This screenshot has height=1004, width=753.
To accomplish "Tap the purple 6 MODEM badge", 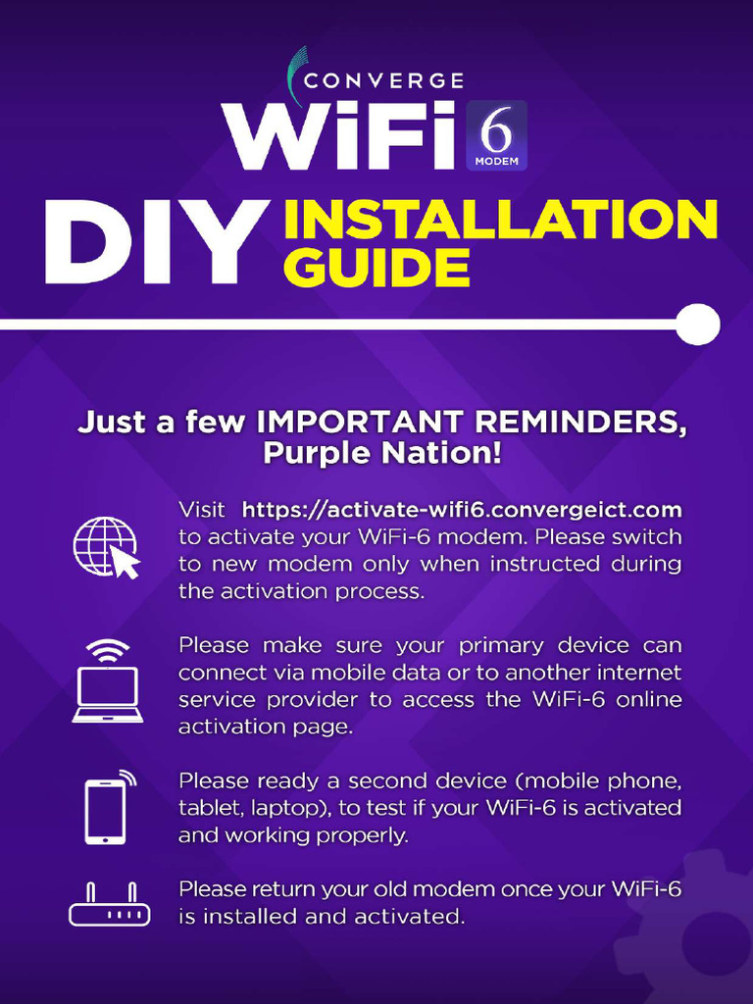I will click(496, 134).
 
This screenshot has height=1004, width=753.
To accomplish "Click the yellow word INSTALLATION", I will click(500, 220).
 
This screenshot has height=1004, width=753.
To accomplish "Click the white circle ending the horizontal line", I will click(697, 325).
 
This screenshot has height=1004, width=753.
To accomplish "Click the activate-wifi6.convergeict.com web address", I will click(462, 510).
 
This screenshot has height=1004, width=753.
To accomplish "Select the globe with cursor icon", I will click(107, 547).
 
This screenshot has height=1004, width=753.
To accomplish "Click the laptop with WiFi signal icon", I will click(107, 682).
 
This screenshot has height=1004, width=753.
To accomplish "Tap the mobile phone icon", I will click(107, 808).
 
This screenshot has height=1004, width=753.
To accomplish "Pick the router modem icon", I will click(109, 906).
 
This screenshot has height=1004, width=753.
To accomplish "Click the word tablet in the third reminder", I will click(204, 808).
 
